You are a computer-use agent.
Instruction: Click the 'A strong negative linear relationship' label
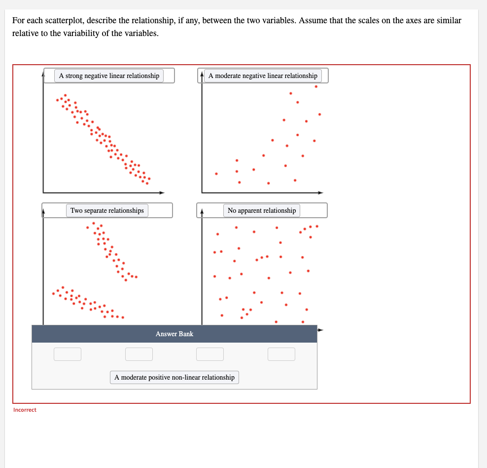click(x=109, y=76)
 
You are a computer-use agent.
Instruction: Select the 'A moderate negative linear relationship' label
click(x=263, y=76)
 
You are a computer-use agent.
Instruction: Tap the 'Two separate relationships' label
click(x=107, y=210)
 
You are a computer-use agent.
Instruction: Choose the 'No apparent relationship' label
click(x=262, y=210)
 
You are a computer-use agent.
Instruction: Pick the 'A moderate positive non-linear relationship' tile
click(x=174, y=377)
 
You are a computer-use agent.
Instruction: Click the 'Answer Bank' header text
click(x=174, y=334)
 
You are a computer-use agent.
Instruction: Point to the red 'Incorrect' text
click(x=25, y=410)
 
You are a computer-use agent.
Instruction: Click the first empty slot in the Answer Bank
click(x=68, y=354)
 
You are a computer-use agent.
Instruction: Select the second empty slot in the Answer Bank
click(x=139, y=354)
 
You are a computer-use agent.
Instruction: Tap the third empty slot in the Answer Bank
click(x=210, y=354)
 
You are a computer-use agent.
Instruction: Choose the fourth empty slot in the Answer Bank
click(x=281, y=354)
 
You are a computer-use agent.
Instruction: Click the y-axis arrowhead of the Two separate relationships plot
click(x=43, y=212)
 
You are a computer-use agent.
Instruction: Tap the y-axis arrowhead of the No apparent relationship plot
click(x=202, y=212)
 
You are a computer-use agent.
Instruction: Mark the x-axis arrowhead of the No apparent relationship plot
click(x=320, y=329)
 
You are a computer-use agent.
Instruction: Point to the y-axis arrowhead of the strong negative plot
click(x=43, y=75)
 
